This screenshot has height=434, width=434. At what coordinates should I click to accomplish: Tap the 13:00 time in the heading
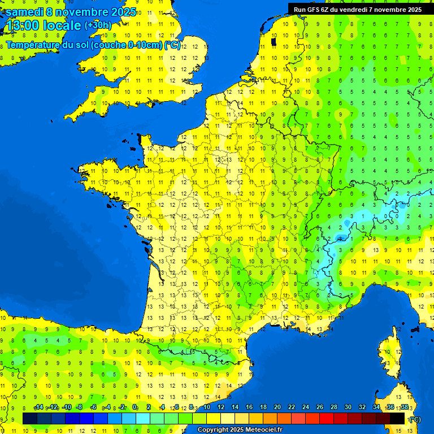[x=23, y=25]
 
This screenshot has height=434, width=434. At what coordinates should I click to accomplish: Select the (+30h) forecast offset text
[x=98, y=25]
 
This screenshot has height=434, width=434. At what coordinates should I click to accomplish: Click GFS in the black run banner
[x=314, y=10]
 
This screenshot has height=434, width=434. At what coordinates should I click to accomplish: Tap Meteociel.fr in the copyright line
[x=261, y=430]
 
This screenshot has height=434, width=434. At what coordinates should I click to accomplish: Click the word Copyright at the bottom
[x=213, y=430]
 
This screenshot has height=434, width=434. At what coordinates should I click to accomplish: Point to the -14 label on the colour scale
[x=39, y=407]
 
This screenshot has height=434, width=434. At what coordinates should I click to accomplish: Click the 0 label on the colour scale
[x=134, y=407]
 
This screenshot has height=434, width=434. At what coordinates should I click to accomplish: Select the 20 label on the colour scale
[x=277, y=407]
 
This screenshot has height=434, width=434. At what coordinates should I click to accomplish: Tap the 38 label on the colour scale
[x=405, y=407]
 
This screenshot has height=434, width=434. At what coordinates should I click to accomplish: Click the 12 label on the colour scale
[x=220, y=407]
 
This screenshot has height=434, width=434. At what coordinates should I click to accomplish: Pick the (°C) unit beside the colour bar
[x=415, y=419]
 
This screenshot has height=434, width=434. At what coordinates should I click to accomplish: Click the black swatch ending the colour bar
[x=397, y=419]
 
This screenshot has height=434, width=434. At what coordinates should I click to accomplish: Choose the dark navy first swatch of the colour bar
[x=30, y=419]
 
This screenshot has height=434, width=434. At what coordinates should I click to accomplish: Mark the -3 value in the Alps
[x=340, y=238]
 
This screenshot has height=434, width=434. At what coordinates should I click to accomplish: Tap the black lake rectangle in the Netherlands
[x=274, y=41]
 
